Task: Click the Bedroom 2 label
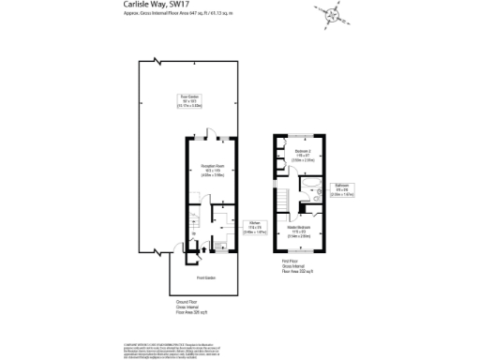(302, 155)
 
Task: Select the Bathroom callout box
(341, 193)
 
